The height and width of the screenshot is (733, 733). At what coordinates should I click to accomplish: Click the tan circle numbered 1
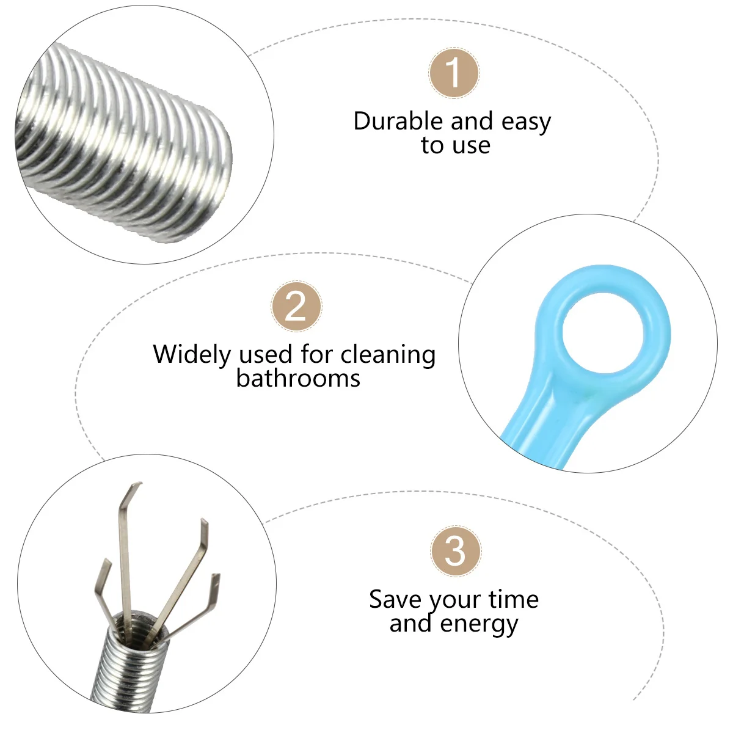click(454, 73)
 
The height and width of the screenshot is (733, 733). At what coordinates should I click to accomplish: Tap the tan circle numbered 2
click(296, 307)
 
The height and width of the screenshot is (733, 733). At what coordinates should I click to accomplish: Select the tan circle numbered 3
click(455, 550)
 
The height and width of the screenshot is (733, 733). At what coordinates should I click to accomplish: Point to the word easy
click(526, 122)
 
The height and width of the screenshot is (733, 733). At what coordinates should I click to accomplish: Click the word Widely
click(192, 355)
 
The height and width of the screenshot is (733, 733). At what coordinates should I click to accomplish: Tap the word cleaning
click(388, 354)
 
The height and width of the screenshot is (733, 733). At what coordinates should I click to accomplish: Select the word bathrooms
click(298, 379)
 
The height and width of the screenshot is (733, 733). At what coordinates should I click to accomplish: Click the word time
click(514, 600)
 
